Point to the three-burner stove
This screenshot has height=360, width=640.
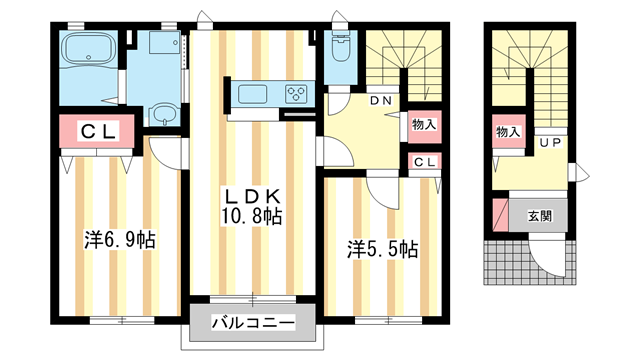(x=297, y=95)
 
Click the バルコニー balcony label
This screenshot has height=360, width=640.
(x=253, y=324)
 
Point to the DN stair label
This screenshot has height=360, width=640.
(x=381, y=101)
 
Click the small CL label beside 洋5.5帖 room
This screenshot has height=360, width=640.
(x=423, y=162)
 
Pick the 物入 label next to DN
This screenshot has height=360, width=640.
(x=423, y=125)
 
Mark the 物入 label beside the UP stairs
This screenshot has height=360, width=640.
(x=508, y=131)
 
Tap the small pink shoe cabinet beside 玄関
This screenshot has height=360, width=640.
(x=500, y=214)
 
